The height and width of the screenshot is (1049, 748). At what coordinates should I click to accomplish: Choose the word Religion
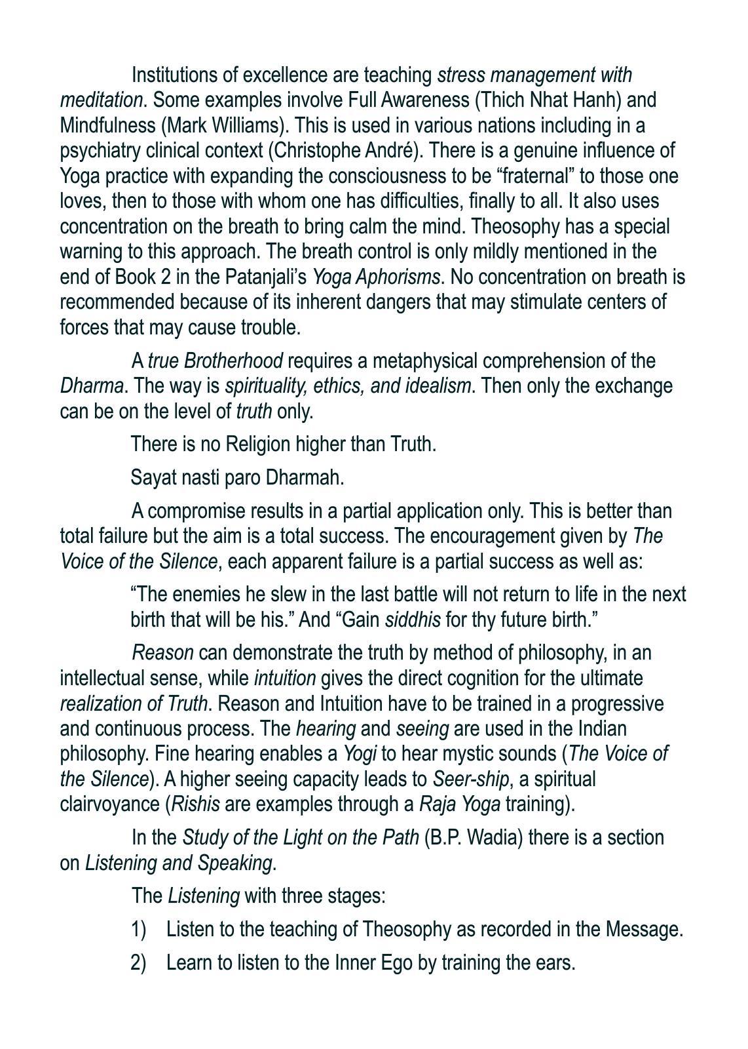[x=257, y=444]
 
